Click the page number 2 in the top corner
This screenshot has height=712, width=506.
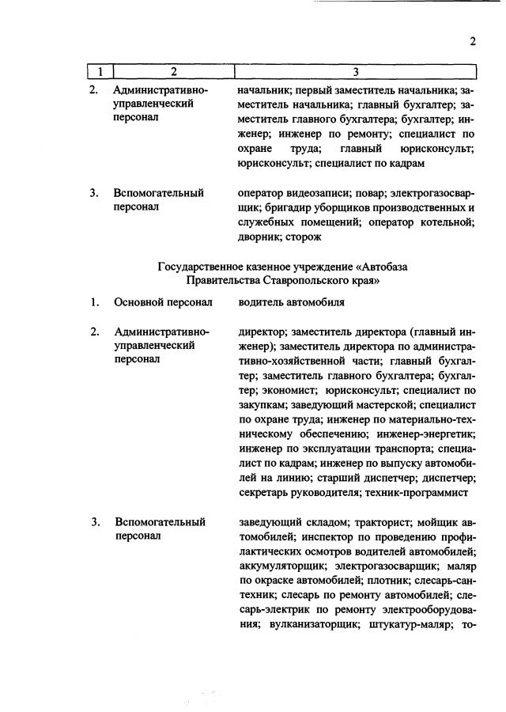[472, 42]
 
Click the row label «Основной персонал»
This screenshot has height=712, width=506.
[164, 302]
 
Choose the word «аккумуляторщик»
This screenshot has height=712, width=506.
[281, 566]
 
